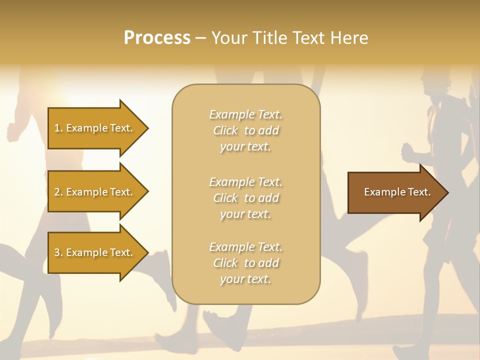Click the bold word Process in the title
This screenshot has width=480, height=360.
157,38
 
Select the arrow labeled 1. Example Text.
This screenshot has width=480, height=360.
95,128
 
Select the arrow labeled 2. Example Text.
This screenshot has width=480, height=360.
95,192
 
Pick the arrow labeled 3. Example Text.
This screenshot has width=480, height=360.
95,252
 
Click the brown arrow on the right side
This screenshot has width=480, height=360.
395,192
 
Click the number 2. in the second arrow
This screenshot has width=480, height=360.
58,192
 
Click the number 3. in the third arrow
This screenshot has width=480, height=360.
58,252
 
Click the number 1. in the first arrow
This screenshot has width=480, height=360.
58,128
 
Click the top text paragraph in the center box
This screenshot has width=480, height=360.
245,130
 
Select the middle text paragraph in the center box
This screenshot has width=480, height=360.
245,198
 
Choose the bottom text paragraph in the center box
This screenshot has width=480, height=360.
245,263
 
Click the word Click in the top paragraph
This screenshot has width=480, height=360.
225,130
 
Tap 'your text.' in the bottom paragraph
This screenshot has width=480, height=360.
245,279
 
